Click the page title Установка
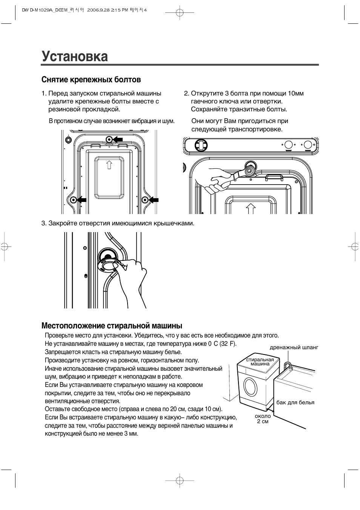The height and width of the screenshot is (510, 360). click(x=75, y=57)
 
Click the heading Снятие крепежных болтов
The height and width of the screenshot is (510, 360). click(x=91, y=80)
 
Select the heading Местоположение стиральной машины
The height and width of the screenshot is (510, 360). click(x=112, y=325)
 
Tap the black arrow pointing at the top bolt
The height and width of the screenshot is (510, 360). click(x=118, y=139)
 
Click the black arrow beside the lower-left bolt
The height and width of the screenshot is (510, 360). click(x=82, y=199)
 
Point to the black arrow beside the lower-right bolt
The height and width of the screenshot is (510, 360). click(x=154, y=199)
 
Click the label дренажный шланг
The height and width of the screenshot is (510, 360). click(x=294, y=347)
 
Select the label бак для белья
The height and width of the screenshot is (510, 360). click(x=295, y=402)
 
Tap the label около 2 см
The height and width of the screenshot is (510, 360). click(x=263, y=419)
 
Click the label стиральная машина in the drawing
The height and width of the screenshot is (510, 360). click(x=260, y=362)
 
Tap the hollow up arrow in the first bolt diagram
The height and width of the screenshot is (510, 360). click(x=109, y=165)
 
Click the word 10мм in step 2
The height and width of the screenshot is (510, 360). click(x=295, y=93)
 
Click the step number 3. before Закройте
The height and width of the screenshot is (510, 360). click(x=44, y=223)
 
